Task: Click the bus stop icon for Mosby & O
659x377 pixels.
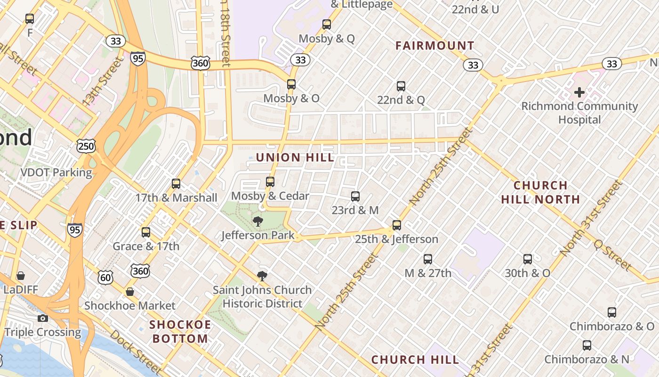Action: (291, 84)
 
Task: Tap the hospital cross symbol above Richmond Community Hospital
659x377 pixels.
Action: (579, 92)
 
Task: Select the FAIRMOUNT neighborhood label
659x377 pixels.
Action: (434, 46)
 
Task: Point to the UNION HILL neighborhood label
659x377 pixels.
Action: (295, 157)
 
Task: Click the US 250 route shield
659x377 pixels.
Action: (86, 146)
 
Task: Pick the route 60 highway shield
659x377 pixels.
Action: (105, 278)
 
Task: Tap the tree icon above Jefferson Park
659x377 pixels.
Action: (257, 221)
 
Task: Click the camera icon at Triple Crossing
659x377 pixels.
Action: (43, 318)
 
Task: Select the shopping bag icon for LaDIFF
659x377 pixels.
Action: (20, 275)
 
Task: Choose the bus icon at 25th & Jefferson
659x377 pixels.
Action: (397, 225)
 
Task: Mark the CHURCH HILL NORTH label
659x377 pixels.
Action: (540, 192)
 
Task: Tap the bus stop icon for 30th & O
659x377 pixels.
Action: (528, 259)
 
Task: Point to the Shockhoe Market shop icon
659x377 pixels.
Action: (130, 292)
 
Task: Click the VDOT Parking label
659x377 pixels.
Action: (56, 172)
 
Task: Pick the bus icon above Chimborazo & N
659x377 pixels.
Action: (587, 345)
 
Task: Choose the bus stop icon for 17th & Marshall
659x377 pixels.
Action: (176, 183)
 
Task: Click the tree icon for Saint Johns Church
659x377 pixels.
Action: (262, 276)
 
